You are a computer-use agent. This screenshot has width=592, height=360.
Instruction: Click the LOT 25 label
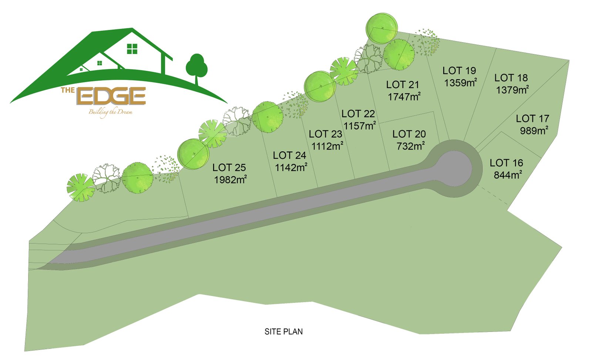[x=229, y=168]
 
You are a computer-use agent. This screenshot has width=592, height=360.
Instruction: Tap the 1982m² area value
[x=230, y=179]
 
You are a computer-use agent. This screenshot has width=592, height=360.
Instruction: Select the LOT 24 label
[x=289, y=155]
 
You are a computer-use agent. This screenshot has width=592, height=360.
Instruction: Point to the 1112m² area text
[x=327, y=146]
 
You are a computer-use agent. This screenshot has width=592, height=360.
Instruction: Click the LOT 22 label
[x=358, y=114]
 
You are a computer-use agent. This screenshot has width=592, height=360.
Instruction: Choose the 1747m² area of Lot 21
[x=404, y=97]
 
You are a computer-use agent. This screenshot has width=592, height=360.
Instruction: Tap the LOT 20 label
[x=409, y=134]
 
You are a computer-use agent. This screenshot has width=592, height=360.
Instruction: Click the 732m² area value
[x=410, y=146]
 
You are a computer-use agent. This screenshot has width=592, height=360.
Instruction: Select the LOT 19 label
[x=459, y=71]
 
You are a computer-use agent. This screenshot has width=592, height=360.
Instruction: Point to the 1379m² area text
[x=512, y=90]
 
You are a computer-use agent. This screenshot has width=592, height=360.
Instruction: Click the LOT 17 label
[x=532, y=119]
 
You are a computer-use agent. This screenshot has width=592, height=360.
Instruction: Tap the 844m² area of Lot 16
[x=508, y=175]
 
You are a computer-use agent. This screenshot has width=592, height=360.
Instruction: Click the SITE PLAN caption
[x=283, y=332]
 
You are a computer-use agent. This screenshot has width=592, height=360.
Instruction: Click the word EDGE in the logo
[x=113, y=96]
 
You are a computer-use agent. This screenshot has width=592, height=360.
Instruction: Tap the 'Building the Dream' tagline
[x=110, y=112]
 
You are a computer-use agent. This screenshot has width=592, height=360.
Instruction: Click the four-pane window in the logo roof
[x=132, y=49]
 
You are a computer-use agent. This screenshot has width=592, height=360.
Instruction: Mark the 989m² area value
[x=534, y=131]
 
